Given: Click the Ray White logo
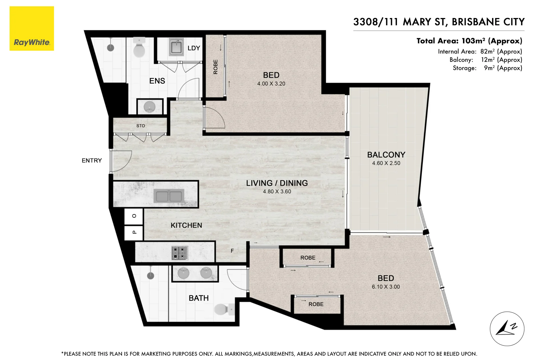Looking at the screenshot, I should pos(32,29).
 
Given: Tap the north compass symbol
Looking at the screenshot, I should pos(507,329).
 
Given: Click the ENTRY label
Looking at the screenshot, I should pos(92,161).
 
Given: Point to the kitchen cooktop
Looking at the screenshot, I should pos(180,253).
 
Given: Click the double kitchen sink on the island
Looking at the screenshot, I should pos(169,196).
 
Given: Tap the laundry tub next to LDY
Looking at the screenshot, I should pos(176,47).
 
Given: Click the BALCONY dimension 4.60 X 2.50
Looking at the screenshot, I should pos(386,163).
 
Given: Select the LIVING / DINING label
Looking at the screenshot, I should pos(277,183).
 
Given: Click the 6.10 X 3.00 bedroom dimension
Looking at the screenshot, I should pos(386,287).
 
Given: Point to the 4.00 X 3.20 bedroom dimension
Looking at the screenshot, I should pos(271,84).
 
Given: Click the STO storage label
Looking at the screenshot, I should pos(141,126).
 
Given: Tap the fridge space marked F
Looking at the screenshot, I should pos(232,251).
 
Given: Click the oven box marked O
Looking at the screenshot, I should pos(134,216).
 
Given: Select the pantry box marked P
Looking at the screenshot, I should pos(134,232).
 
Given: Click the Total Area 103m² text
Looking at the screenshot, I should pos(469,41).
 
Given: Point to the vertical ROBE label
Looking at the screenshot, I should pos(215,67).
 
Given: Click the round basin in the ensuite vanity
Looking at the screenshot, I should pos(149,107).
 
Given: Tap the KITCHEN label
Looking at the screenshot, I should pos(186,225).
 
